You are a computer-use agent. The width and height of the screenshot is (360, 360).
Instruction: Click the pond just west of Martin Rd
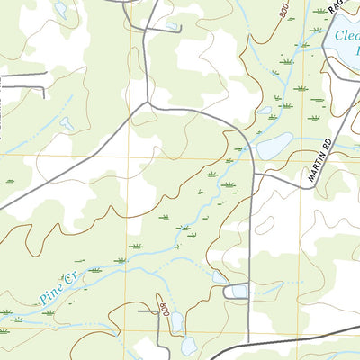[274, 145]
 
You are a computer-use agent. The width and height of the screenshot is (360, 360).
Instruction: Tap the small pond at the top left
[60, 10]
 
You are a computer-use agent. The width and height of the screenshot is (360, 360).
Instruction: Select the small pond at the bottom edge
[189, 346]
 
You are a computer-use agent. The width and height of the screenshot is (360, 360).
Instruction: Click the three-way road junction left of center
[144, 104]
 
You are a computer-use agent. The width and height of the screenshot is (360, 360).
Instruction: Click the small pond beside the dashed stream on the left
[67, 124]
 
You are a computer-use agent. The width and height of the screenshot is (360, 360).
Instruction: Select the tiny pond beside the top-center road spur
[171, 26]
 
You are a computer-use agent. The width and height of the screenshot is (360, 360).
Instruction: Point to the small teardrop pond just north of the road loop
[220, 278]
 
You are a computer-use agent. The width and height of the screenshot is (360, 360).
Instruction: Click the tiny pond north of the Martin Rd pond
[265, 112]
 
